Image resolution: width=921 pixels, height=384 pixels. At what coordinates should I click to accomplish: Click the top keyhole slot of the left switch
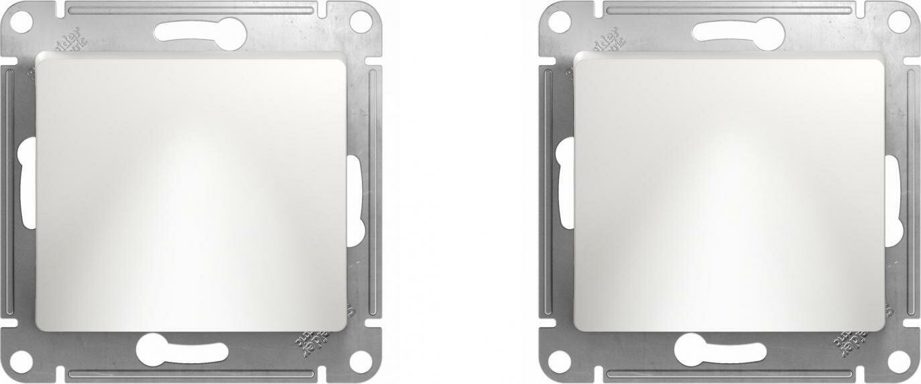point(198,32)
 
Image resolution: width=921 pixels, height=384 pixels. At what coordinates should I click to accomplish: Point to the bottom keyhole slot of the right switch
point(718,350)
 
